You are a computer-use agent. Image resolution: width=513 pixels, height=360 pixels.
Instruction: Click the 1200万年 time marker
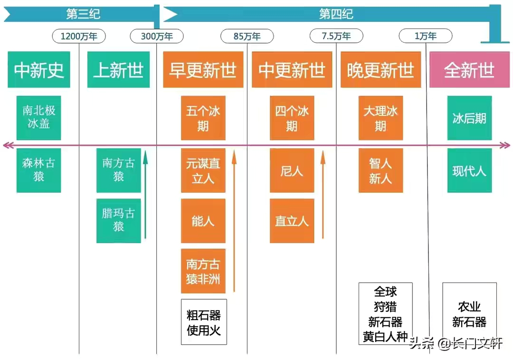[x=79, y=36]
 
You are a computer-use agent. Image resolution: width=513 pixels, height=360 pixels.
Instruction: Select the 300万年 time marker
[x=157, y=36]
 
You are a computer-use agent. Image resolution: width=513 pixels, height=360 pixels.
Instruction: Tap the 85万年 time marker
[x=247, y=36]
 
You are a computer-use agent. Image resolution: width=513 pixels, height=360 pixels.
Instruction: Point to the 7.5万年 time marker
[x=336, y=36]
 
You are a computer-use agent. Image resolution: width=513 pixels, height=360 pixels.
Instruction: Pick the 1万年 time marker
[x=426, y=36]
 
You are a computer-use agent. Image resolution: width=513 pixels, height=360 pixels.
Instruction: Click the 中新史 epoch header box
[x=39, y=70]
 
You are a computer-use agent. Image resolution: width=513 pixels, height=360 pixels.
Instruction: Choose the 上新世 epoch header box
[x=118, y=70]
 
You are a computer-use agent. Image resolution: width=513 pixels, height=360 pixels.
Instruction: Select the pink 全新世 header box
[x=469, y=70]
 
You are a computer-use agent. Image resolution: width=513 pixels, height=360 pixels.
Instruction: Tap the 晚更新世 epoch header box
[x=380, y=70]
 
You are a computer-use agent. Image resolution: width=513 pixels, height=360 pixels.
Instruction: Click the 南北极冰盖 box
[x=39, y=118]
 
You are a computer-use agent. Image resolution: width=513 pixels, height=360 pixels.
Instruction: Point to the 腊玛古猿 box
[x=118, y=220]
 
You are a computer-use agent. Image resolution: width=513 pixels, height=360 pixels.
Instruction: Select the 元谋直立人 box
[x=203, y=171]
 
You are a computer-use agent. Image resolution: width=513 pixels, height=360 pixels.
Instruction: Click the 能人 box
[x=203, y=221]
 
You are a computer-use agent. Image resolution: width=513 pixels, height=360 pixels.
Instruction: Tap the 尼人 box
[x=292, y=171]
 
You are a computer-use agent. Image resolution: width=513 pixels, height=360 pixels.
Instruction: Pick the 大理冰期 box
[x=380, y=118]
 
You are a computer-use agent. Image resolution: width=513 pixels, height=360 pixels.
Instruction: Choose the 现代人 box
[x=469, y=171]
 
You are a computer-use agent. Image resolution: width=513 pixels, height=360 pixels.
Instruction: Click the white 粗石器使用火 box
[x=204, y=322]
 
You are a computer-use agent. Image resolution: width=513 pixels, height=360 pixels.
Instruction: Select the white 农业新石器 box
[x=469, y=314]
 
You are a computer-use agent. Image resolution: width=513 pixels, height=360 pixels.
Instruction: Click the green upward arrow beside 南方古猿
[x=145, y=195]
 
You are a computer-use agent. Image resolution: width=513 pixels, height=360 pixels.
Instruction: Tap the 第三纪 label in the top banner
[x=83, y=14]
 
